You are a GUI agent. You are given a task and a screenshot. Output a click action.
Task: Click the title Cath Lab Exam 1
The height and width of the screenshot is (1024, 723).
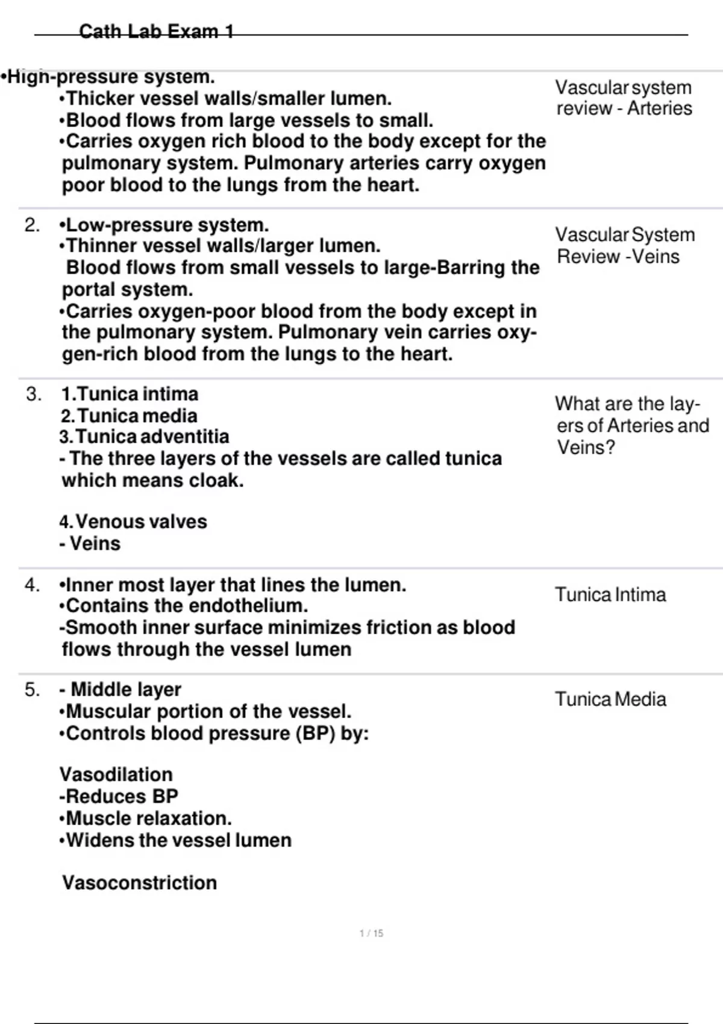[x=157, y=31]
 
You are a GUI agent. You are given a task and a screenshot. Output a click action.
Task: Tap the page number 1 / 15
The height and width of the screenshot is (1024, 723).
[x=371, y=933]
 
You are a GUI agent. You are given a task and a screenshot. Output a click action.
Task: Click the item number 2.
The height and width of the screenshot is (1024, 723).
[x=32, y=225]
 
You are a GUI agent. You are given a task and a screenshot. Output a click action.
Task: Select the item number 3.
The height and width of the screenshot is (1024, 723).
[x=34, y=395]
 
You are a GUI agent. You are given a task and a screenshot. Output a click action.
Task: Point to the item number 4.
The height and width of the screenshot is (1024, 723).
[x=32, y=585]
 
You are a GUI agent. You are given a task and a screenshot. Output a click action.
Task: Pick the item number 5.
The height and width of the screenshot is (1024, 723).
[x=32, y=690]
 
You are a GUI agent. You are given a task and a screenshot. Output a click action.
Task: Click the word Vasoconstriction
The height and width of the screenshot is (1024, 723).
[x=139, y=883]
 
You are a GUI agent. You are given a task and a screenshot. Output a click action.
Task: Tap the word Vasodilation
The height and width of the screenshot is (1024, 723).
[x=116, y=775]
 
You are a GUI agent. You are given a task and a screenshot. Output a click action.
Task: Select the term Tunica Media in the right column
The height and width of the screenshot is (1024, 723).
[x=610, y=699]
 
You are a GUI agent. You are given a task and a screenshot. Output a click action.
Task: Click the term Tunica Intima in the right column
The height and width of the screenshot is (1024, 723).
[x=610, y=595]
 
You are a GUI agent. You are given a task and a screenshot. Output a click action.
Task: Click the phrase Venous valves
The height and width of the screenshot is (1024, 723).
[x=141, y=522]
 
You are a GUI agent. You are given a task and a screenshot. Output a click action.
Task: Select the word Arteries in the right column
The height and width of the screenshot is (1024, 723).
[x=660, y=108]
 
